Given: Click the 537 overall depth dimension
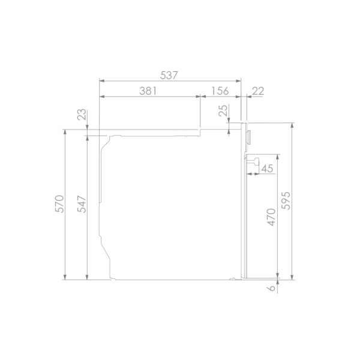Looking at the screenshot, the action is click(169, 76).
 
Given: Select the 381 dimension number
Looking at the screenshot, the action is click(148, 91).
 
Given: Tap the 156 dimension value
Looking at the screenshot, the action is click(220, 91).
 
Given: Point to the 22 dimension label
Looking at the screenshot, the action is click(258, 91).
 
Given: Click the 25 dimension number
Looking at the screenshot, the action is click(223, 110).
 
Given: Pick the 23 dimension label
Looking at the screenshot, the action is click(82, 115).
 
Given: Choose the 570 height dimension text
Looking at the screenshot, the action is click(59, 204).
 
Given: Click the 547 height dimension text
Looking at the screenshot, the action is click(82, 204).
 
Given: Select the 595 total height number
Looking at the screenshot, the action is click(286, 200).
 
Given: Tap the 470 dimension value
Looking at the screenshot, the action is click(271, 217).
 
